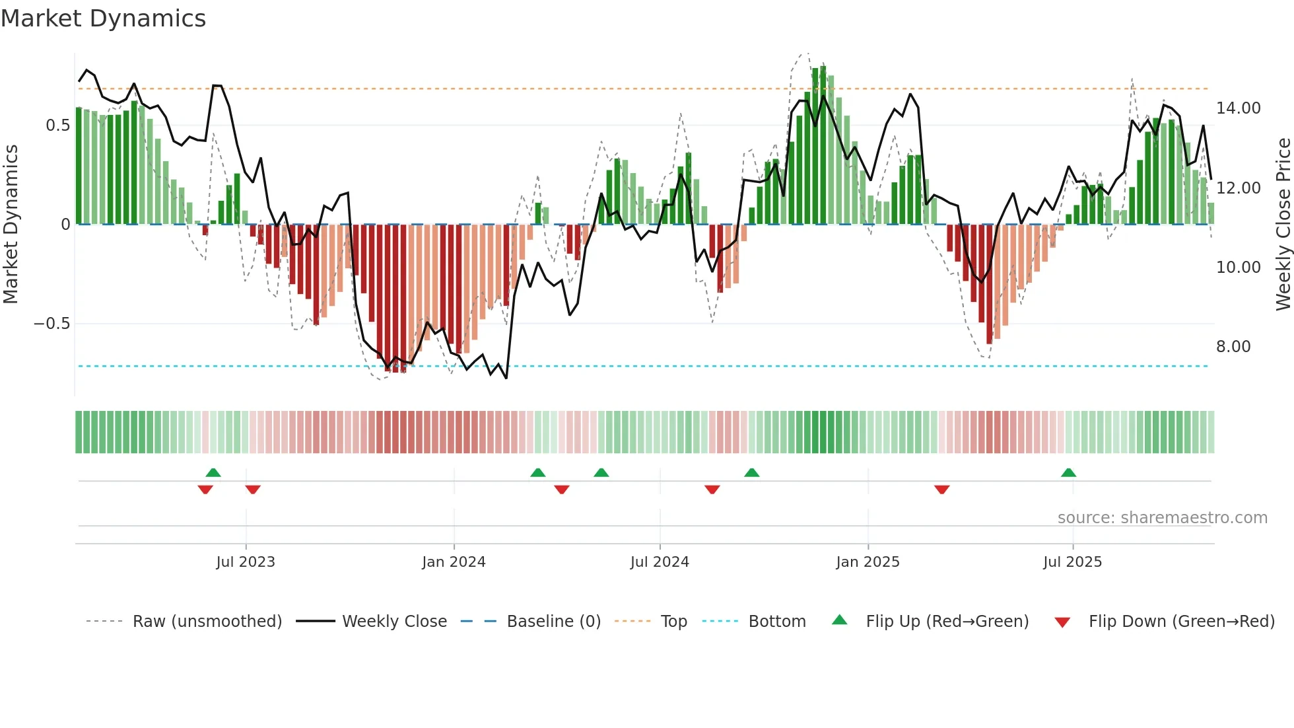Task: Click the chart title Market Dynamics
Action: click(103, 18)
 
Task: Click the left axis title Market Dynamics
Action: click(11, 225)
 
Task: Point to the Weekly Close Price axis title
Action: click(1283, 225)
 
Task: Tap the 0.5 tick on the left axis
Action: click(58, 126)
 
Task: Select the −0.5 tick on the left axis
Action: click(52, 324)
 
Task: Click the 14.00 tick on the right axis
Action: click(1238, 108)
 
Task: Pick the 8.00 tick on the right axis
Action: click(1233, 347)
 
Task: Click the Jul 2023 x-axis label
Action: click(245, 562)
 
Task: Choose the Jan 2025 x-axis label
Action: click(867, 562)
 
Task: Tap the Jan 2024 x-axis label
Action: click(454, 562)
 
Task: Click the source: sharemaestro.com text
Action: click(1162, 518)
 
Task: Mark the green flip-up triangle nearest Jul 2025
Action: click(1068, 472)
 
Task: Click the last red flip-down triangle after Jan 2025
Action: click(941, 490)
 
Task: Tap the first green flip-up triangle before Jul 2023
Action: click(213, 472)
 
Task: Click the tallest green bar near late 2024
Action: click(823, 145)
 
